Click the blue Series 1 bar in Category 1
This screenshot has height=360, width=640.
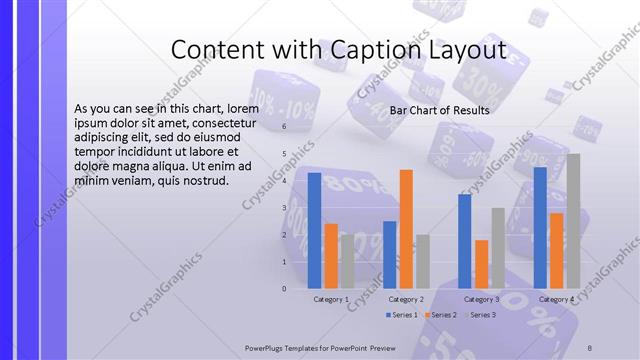click(314, 230)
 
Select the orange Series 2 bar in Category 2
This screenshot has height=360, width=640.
click(406, 228)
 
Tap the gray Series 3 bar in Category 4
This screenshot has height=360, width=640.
click(573, 221)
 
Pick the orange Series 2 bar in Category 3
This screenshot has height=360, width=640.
click(482, 264)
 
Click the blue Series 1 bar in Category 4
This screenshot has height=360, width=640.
click(540, 227)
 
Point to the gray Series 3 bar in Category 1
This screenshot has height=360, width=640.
click(347, 261)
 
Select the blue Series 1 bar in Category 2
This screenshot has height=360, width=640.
click(389, 254)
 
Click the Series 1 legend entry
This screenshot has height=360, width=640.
click(401, 315)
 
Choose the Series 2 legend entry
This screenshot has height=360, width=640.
click(441, 315)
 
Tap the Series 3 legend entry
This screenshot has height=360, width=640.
click(480, 315)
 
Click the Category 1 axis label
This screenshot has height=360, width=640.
click(331, 299)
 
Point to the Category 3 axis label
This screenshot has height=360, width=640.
click(482, 299)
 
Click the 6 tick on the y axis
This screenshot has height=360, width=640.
click(284, 127)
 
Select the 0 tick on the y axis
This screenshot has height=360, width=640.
click(284, 289)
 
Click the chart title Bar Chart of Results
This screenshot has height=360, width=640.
click(439, 110)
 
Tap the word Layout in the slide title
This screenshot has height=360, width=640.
click(470, 50)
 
